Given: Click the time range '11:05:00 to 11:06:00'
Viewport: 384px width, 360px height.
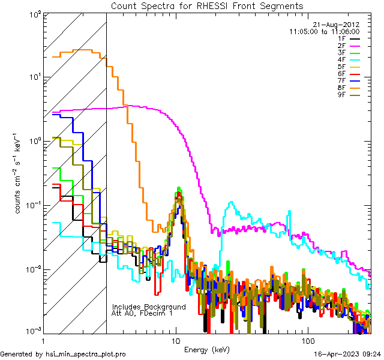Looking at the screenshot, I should point(324,31).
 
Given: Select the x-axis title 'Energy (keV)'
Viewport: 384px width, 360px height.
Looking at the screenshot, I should point(206,349).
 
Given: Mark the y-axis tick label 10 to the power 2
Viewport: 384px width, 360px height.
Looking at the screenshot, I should point(34,14).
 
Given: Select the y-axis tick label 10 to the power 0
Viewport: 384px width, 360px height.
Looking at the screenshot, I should point(34,142).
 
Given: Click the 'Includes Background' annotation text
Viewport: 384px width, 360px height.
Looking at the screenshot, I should point(149,307).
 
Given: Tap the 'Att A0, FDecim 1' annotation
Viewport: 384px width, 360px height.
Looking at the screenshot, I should point(143,314).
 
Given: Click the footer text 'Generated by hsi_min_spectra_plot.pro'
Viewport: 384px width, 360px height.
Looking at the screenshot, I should point(63,355).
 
